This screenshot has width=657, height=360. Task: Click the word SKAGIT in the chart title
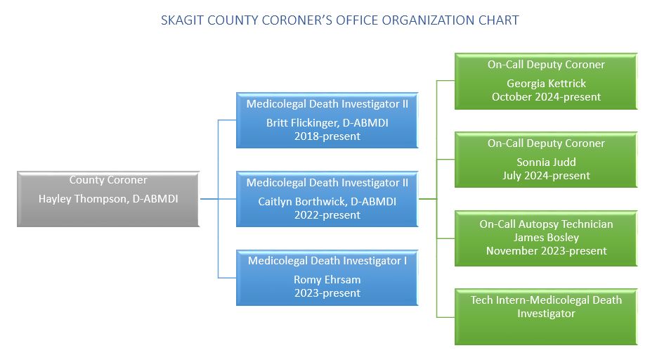coord(183,20)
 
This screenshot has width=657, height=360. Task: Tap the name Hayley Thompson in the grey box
coord(83,199)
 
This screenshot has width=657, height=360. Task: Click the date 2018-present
coord(327,136)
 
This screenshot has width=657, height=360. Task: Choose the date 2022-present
coord(327,215)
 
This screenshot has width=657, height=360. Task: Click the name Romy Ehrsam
coord(327,280)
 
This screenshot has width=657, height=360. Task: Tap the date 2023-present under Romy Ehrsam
coord(327,293)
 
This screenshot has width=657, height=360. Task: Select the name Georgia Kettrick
coord(547,84)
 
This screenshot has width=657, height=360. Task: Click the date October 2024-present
coord(547,97)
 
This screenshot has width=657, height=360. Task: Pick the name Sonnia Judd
coord(547,162)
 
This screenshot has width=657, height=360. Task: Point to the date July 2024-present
coord(547,176)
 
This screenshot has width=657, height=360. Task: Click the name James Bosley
coord(547,238)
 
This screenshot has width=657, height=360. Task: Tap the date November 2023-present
coord(547,251)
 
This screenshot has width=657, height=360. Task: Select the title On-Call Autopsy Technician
coord(547,224)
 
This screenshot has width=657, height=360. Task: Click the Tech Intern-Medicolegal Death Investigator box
coord(546,317)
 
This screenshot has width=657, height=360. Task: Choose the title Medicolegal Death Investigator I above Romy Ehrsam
coord(327,261)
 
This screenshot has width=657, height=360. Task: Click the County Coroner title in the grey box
coord(108,180)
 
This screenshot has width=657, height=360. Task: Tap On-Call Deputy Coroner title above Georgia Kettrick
coord(547,65)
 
